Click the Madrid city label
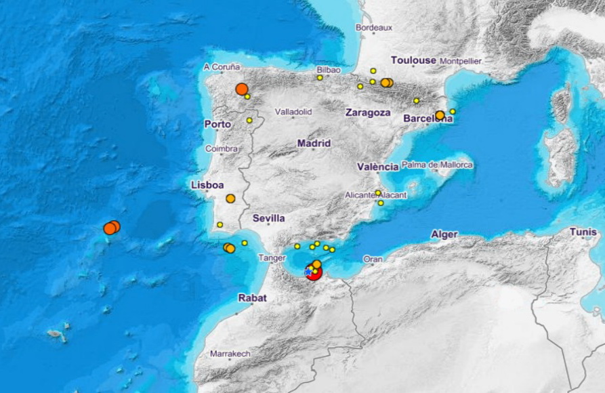click(314, 143)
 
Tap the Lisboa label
click(207, 184)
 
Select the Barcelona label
click(427, 119)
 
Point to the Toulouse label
click(413, 60)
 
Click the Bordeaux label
click(374, 28)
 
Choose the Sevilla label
click(268, 218)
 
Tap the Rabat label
click(252, 297)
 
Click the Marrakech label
click(230, 354)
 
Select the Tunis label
click(583, 232)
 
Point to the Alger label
click(444, 234)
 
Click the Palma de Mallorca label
click(437, 165)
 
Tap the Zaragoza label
click(367, 112)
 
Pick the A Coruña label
click(222, 67)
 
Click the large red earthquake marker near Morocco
click(313, 271)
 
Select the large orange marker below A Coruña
click(242, 89)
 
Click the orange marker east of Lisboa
click(230, 199)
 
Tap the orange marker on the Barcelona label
click(440, 115)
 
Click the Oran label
click(373, 259)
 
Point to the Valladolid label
click(293, 111)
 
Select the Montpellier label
click(460, 61)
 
